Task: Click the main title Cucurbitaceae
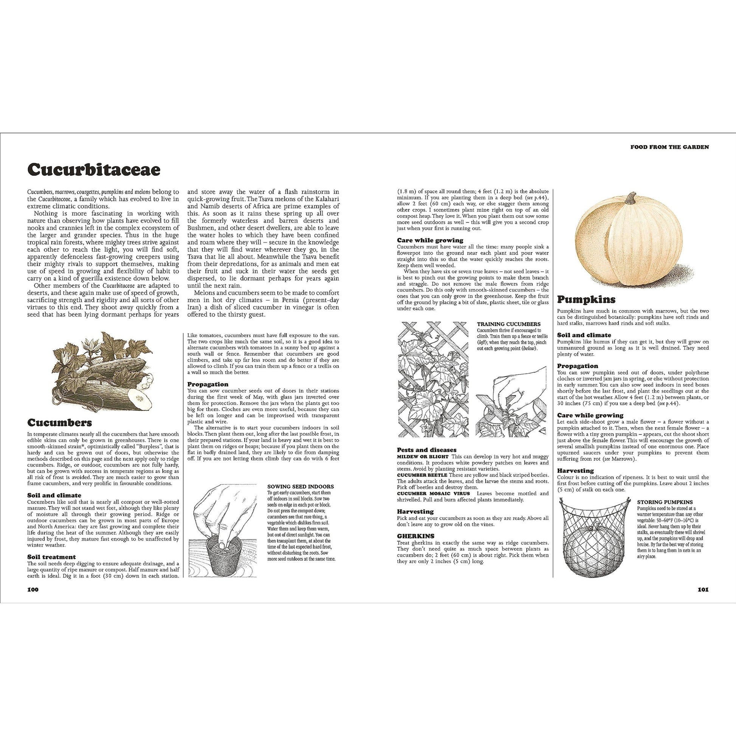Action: (94, 170)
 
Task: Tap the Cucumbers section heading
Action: (59, 423)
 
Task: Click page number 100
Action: (33, 590)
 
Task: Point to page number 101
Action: (703, 590)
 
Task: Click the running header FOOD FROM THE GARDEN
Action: (669, 147)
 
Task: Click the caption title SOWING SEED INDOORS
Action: (301, 486)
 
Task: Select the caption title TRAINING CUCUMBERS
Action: (509, 324)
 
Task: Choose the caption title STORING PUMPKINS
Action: (665, 502)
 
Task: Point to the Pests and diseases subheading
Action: (427, 450)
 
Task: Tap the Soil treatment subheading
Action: (51, 557)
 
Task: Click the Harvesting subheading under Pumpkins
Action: (575, 470)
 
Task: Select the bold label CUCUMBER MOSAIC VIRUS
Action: (432, 493)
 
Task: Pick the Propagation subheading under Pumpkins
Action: (578, 366)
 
